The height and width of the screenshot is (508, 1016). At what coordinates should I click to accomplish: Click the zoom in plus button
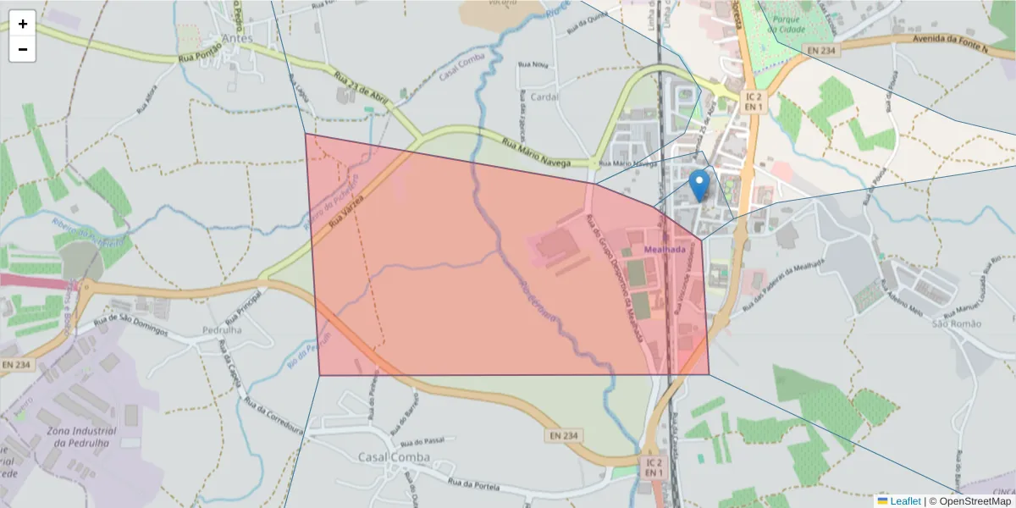click(23, 24)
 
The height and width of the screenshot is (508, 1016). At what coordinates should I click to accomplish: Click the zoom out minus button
click(23, 49)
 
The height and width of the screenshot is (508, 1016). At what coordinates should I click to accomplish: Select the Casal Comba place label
click(394, 457)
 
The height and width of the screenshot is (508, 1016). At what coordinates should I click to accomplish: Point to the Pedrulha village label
click(222, 330)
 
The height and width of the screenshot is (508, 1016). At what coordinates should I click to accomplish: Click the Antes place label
click(238, 38)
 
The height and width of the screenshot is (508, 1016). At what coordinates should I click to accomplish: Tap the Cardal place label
click(544, 97)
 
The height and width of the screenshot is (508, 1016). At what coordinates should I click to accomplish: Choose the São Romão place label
click(956, 323)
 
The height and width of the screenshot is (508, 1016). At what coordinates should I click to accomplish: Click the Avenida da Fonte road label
click(950, 40)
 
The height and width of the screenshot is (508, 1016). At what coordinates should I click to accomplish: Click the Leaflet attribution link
click(904, 501)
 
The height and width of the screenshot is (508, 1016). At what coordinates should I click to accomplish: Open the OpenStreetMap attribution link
click(975, 501)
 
